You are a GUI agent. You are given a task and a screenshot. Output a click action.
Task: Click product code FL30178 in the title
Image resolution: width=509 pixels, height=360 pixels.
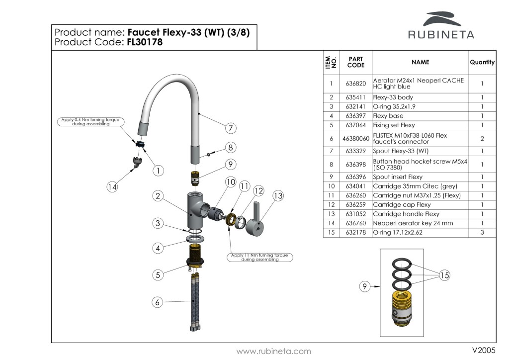coord(145,42)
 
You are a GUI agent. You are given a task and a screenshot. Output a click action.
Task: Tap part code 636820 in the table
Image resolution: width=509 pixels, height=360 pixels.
coord(355,83)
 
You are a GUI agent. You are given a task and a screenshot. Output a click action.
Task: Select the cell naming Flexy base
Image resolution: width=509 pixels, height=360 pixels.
coord(388,116)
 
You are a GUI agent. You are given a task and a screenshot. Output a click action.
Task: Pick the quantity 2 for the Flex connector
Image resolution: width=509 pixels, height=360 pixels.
coord(482,138)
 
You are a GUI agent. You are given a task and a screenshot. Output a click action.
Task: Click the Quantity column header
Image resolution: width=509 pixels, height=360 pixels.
coord(482,63)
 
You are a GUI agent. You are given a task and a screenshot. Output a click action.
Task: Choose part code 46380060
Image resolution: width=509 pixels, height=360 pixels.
coord(355,138)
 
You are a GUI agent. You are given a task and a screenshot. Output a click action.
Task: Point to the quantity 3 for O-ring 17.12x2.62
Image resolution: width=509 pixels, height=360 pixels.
coord(482,232)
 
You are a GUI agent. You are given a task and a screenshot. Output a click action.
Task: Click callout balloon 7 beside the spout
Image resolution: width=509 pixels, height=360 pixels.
coord(230,128)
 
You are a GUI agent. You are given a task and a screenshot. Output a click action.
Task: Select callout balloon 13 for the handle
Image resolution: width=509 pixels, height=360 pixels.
coord(278,196)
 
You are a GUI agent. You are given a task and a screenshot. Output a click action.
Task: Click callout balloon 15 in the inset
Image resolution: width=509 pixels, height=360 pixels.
coord(444,275)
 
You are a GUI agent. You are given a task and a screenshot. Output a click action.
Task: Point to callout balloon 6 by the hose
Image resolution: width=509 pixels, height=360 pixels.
coord(158,302)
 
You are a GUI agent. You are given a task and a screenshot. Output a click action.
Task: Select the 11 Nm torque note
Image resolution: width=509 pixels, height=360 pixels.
coord(260,257)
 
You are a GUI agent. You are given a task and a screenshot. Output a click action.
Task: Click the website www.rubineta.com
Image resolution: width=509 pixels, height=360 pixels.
coord(273,351)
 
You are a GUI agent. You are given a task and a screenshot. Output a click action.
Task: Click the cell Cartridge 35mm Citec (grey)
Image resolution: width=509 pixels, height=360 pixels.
coord(415,186)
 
